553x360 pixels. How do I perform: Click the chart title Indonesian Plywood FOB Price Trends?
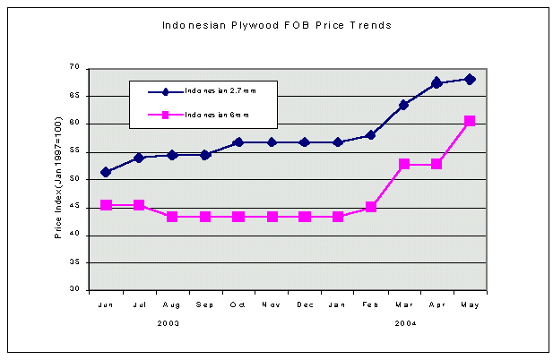[x=276, y=26]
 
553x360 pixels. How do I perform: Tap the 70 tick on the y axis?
[x=75, y=68]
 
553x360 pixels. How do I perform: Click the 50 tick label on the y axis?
[x=75, y=179]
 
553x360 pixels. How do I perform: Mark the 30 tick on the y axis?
[x=75, y=290]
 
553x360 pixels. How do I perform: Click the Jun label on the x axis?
[x=106, y=305]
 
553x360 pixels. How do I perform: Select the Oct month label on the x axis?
[x=238, y=305]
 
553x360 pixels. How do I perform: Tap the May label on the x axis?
[x=470, y=305]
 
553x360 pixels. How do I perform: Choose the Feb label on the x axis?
[x=370, y=305]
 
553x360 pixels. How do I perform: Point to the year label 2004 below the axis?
[x=404, y=321]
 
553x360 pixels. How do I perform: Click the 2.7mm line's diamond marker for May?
[x=470, y=79]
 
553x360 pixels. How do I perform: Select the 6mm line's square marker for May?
[x=470, y=121]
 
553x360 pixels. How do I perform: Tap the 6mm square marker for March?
[x=404, y=164]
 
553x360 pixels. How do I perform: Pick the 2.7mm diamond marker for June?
[x=106, y=172]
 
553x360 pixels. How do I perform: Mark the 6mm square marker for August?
[x=172, y=217]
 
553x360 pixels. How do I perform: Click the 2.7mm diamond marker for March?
[x=404, y=105]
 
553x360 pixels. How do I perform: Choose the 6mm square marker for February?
[x=371, y=207]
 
